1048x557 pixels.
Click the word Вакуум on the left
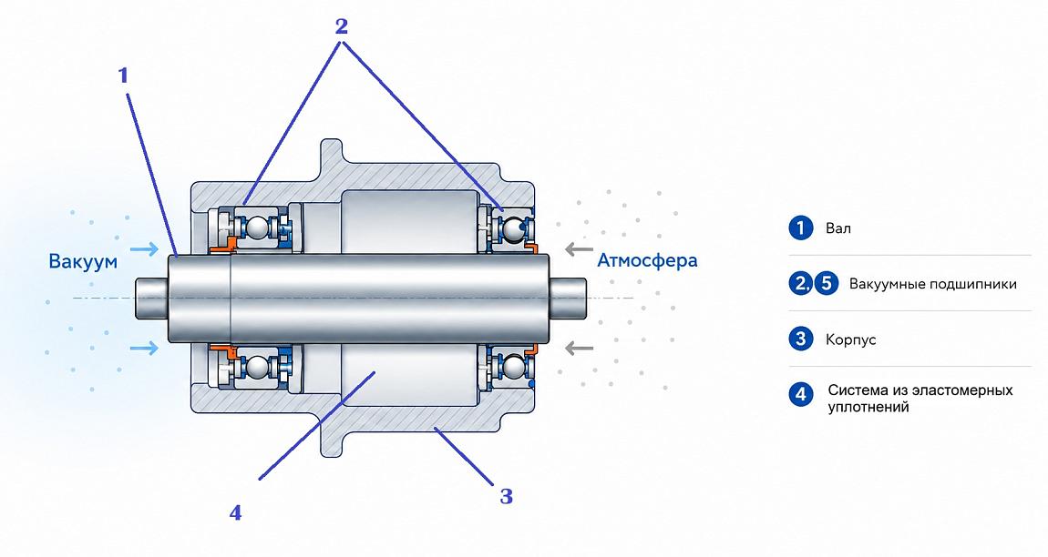(83, 260)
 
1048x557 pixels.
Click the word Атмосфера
(647, 259)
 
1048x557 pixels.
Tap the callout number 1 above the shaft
(123, 76)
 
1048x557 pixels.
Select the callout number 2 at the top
(342, 26)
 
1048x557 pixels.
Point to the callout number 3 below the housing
(506, 496)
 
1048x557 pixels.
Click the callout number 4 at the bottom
(235, 513)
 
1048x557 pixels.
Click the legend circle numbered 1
(801, 228)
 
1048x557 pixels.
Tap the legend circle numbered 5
(827, 284)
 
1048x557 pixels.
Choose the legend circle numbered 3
(801, 339)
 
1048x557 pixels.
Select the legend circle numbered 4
(801, 395)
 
